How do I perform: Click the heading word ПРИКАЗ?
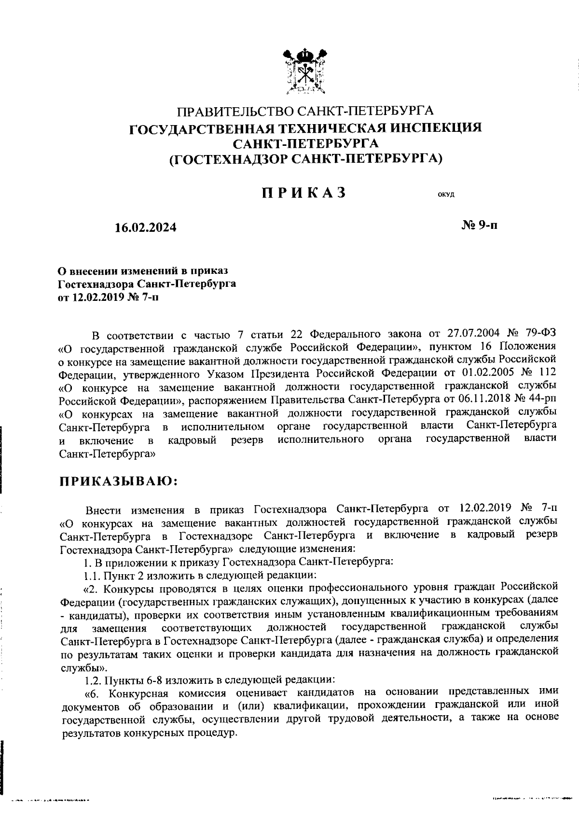tap(304, 193)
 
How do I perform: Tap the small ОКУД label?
tap(446, 195)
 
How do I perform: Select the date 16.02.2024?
tap(145, 227)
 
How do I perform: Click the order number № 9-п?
tap(480, 225)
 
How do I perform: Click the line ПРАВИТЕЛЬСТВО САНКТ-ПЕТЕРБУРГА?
tap(305, 112)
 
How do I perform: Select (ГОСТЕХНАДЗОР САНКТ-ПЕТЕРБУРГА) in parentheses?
tap(305, 158)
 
